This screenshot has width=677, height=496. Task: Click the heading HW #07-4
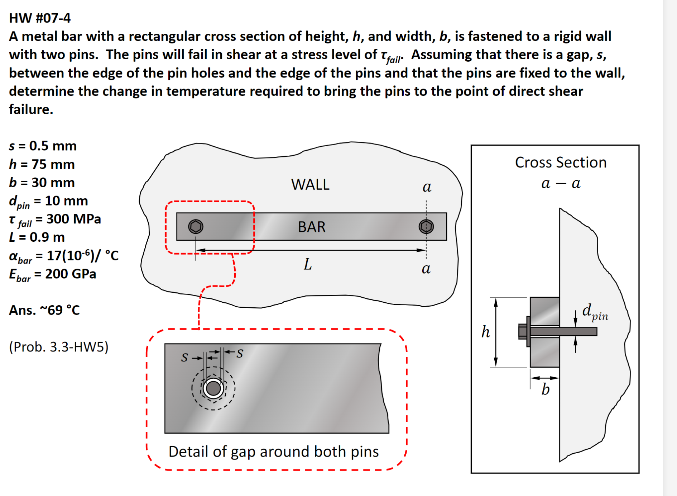coord(40,18)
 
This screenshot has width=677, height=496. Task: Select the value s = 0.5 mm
coord(43,146)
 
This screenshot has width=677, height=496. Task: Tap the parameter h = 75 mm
coord(42,164)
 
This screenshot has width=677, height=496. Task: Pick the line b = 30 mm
coord(42,183)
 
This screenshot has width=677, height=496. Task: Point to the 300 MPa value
coord(73,219)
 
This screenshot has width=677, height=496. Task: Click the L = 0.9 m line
coord(37,237)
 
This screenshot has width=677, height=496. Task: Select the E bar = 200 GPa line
coord(53,274)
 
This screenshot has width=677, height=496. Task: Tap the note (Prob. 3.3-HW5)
coord(58,347)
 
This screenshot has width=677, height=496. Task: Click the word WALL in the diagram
coord(310,185)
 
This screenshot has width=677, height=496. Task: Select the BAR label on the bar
coord(312,227)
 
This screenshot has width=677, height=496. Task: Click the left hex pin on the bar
coord(196,227)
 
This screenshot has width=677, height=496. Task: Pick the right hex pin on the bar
coord(426,227)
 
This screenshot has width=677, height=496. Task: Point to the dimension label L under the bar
coord(308,265)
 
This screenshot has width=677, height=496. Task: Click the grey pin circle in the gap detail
coord(213,388)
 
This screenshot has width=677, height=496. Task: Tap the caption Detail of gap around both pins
coord(273,452)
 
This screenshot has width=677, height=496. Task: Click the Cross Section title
coord(561,162)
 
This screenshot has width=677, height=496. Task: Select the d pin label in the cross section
coord(595,311)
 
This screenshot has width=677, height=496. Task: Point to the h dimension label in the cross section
coord(485,332)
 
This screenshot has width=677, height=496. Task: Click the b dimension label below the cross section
coord(545,389)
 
